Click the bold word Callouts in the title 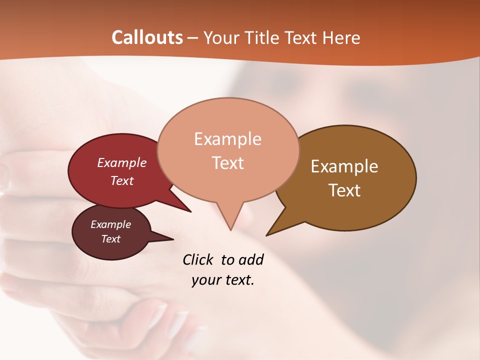pos(147,37)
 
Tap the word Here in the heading pos(342,37)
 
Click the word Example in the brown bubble pos(344,166)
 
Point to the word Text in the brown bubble pos(344,190)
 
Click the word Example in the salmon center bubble pos(227,139)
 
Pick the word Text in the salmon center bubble pos(227,162)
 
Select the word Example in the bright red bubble pos(122,162)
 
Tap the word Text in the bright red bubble pos(122,180)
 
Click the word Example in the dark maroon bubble pos(111,224)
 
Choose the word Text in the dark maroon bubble pos(111,239)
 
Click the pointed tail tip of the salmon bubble pos(230,229)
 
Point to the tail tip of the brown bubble pos(267,235)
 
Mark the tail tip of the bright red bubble pos(190,211)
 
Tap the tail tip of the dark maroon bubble pos(173,239)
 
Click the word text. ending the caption pos(237,280)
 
